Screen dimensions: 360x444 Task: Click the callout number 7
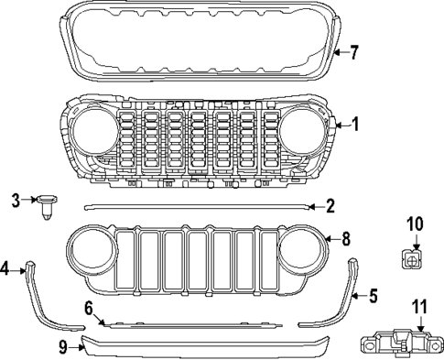click(x=354, y=52)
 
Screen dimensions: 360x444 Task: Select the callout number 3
click(x=16, y=200)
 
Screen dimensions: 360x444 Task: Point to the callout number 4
click(x=5, y=268)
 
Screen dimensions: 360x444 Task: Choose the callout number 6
click(x=89, y=309)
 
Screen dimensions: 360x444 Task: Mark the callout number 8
click(x=345, y=239)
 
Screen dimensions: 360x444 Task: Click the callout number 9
click(x=62, y=346)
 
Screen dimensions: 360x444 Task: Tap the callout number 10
click(x=413, y=223)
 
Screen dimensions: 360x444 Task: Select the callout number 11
click(x=420, y=307)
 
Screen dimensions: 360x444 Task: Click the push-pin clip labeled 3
click(x=47, y=206)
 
